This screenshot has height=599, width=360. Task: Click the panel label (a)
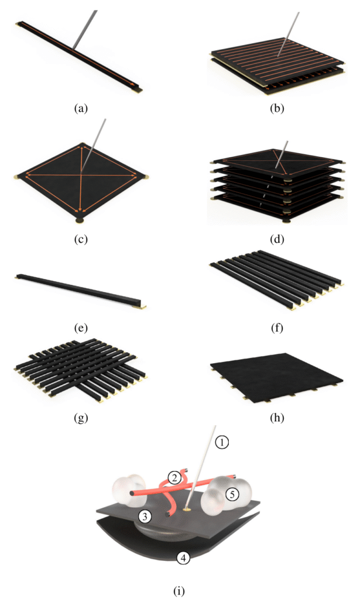(81, 108)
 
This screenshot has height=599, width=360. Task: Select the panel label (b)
(277, 108)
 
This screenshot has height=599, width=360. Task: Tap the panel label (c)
(81, 239)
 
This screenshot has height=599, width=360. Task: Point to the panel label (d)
(277, 239)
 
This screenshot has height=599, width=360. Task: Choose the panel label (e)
(81, 328)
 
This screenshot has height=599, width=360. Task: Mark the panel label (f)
(277, 328)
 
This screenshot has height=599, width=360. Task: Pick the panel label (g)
(81, 418)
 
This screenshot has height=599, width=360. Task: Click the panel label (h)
(277, 418)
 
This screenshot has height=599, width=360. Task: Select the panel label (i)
(179, 591)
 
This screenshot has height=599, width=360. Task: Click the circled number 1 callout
(222, 442)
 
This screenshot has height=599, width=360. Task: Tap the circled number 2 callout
(174, 478)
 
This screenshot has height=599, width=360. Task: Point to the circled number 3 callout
(145, 517)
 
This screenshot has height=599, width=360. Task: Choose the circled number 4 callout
(183, 558)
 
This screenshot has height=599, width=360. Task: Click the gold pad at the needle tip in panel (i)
(187, 509)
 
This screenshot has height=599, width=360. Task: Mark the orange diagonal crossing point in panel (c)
(81, 175)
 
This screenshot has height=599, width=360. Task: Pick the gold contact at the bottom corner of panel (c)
(80, 221)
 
